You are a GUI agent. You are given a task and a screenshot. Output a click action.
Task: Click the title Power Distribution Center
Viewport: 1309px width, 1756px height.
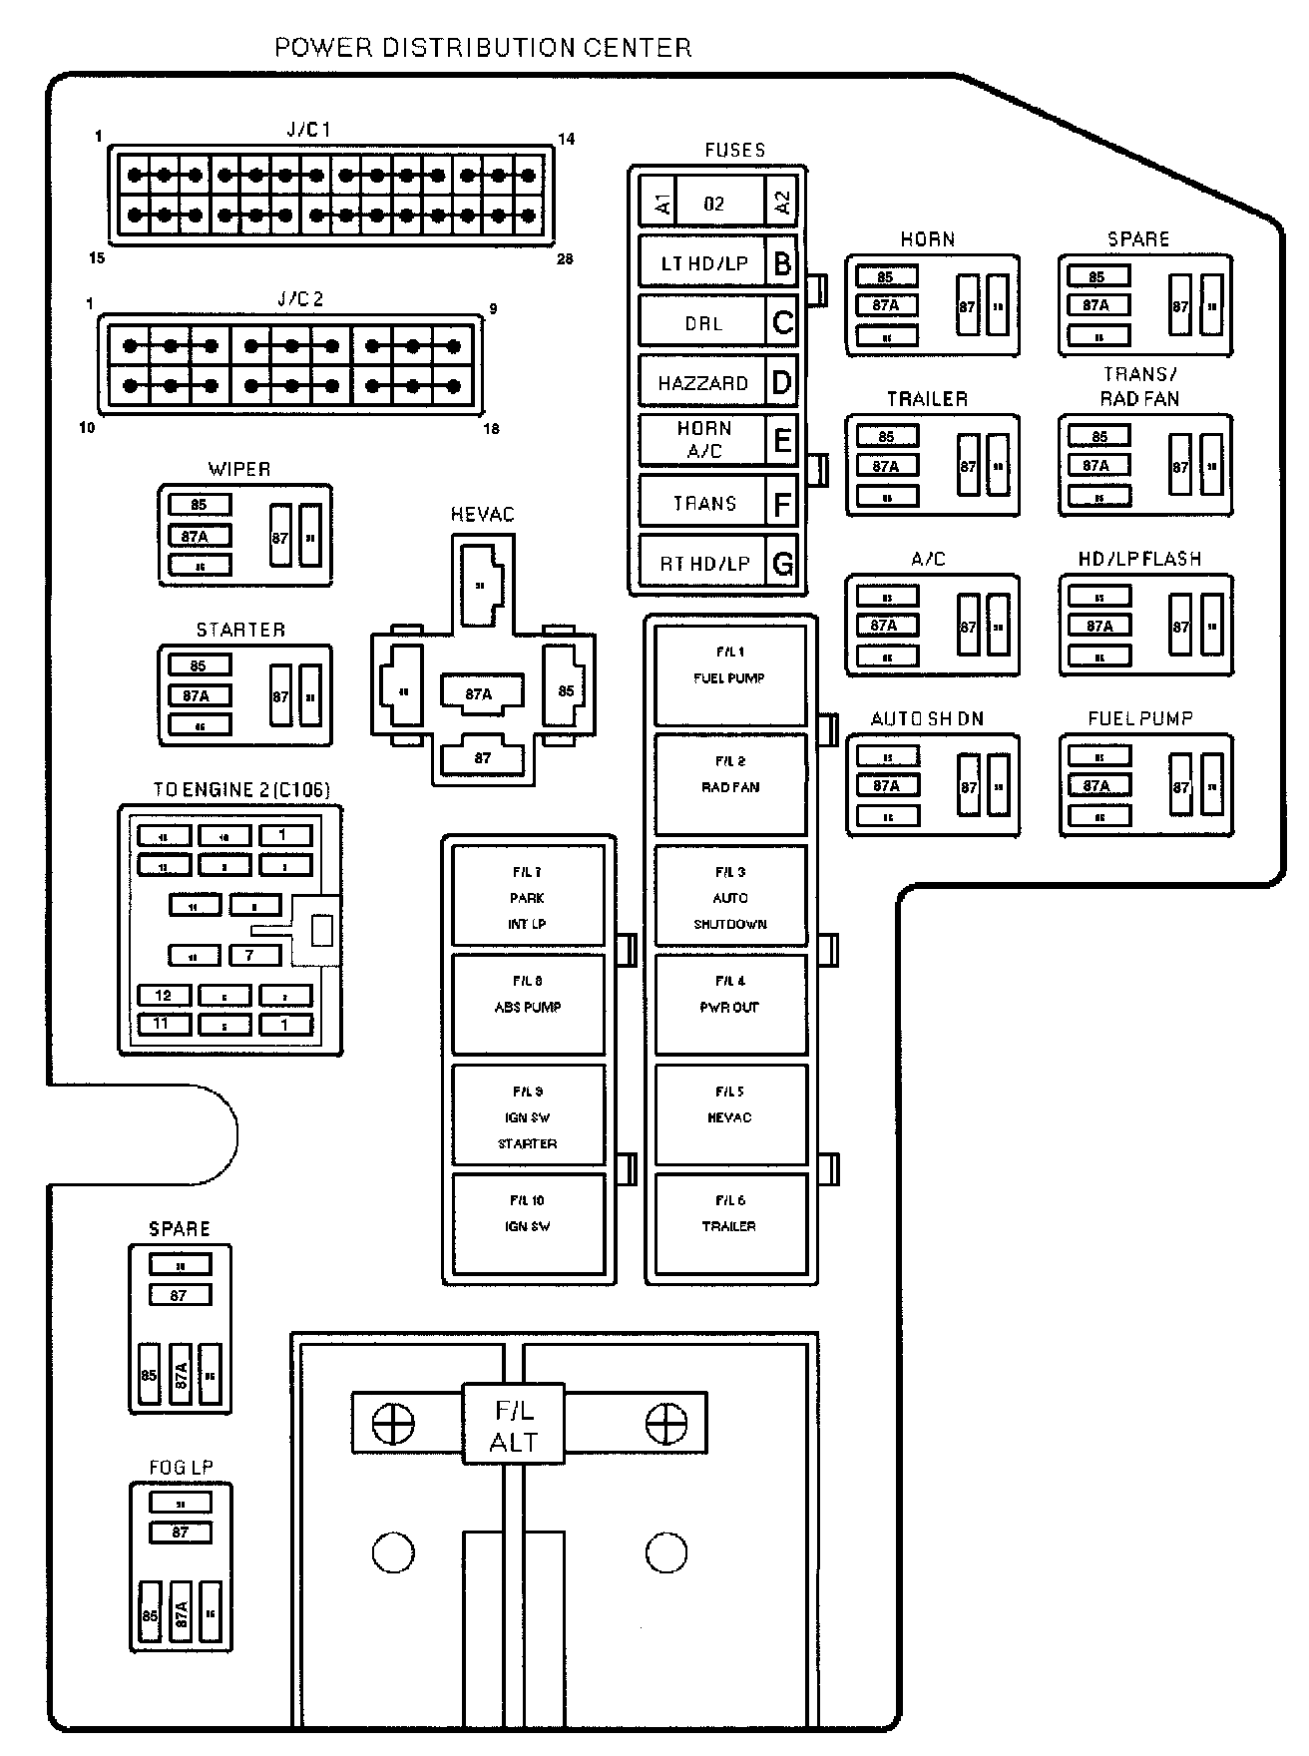(x=483, y=48)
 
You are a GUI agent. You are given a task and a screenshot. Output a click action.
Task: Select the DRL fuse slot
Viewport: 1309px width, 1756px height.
(x=702, y=323)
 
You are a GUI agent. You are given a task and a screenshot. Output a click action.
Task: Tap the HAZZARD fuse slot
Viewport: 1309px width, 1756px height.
(x=702, y=383)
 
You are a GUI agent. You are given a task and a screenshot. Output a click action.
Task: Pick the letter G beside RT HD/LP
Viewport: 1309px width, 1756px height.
(x=783, y=564)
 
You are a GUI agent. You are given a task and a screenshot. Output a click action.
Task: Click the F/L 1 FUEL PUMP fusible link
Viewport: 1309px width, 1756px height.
(x=729, y=675)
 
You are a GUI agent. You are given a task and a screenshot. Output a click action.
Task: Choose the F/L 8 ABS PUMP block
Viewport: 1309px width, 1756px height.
(x=528, y=1004)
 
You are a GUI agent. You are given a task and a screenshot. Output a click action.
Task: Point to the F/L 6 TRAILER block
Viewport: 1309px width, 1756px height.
(x=729, y=1224)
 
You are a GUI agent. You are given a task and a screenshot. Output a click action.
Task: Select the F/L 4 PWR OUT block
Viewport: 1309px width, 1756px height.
(x=729, y=1004)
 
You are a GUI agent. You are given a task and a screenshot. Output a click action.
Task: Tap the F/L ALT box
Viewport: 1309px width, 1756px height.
(x=514, y=1426)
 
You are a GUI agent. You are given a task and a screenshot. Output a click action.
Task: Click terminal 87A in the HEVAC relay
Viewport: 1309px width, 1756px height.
(x=480, y=693)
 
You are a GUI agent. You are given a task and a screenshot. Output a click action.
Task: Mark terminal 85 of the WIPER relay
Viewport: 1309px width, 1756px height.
(x=200, y=505)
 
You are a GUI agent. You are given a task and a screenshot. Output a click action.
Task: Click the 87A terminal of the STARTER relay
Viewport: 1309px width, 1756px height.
(x=197, y=695)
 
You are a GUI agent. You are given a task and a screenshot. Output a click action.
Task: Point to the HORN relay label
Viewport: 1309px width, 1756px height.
(x=928, y=239)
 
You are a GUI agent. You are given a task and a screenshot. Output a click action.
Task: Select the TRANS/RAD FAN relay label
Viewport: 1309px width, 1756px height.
(x=1139, y=386)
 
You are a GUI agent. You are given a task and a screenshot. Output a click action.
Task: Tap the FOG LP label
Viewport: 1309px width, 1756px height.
(x=181, y=1467)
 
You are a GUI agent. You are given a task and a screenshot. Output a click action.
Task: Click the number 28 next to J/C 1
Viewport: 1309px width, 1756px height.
(x=565, y=259)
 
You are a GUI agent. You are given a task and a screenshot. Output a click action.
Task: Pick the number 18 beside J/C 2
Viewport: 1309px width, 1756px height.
(x=491, y=429)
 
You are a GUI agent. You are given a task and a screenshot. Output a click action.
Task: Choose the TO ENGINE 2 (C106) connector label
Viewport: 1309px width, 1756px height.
(x=241, y=789)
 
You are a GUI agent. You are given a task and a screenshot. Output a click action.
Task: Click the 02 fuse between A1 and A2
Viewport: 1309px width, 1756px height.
(x=714, y=204)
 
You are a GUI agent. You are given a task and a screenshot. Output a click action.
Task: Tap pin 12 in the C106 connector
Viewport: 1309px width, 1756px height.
(x=164, y=995)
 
